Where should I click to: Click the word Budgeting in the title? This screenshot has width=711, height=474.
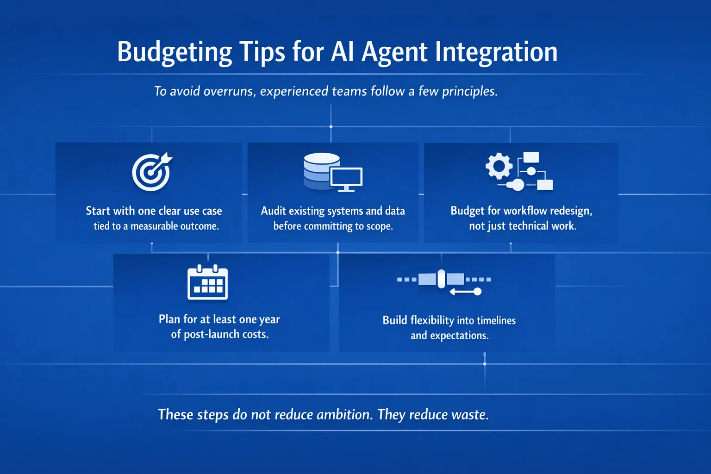coord(174,52)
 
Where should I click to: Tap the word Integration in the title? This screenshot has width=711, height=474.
coord(496,52)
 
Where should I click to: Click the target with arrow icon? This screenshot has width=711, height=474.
coord(152,172)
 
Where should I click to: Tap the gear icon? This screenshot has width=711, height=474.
coord(499,166)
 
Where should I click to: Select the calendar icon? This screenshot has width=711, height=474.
coord(207,282)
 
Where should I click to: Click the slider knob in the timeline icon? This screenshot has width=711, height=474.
coord(441,279)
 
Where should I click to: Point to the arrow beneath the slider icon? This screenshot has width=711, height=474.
coord(466,292)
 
